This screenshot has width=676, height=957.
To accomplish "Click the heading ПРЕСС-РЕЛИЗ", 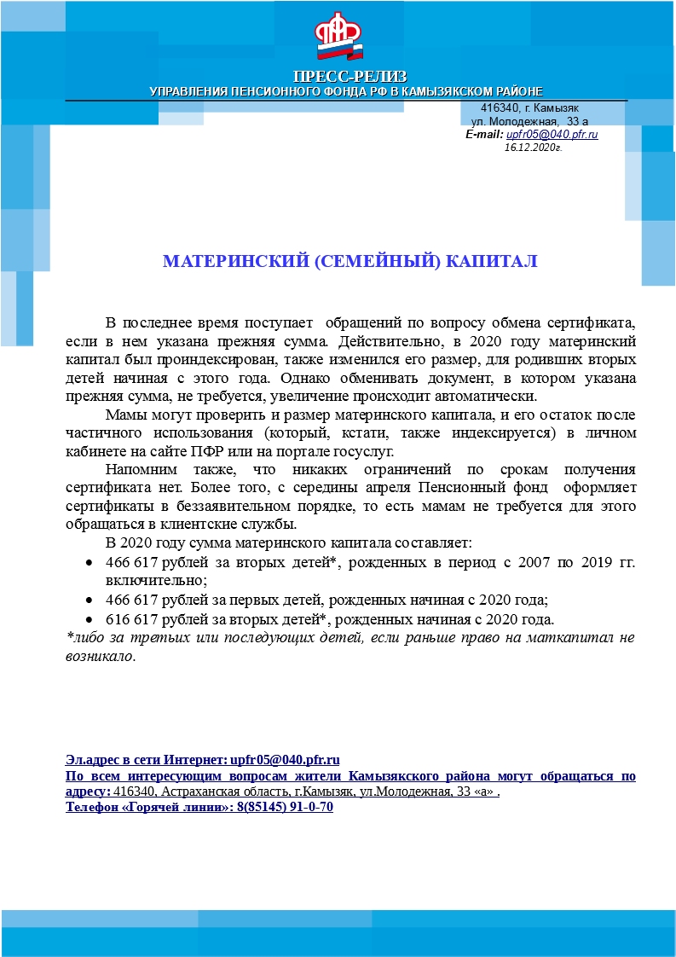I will pos(350,77).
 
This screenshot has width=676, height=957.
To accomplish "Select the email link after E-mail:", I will pos(552,135).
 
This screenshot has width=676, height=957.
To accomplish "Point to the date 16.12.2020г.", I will pos(533,147).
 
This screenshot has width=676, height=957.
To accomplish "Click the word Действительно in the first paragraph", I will pos(381,341).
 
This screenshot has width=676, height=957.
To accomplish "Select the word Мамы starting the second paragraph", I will pos(124,415).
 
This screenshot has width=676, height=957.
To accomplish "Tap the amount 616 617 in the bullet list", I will pos(131,618).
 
